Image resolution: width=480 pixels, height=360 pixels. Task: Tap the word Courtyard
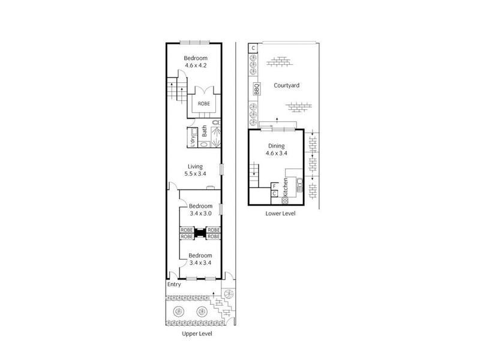coord(286,85)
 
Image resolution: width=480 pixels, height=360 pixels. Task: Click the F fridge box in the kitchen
coord(275,185)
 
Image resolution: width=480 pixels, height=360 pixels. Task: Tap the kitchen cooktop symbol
coord(286,200)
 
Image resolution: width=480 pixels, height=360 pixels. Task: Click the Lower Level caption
coord(279,214)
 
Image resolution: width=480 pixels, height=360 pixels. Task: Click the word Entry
coord(174,284)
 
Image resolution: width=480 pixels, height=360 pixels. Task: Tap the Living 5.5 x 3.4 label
coord(195,170)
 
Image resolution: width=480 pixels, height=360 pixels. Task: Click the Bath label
coord(205,130)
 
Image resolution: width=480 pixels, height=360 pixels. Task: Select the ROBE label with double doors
coord(200,102)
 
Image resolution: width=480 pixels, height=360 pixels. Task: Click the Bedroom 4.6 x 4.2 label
coord(194,61)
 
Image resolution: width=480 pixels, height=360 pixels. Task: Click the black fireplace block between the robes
coord(200,232)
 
